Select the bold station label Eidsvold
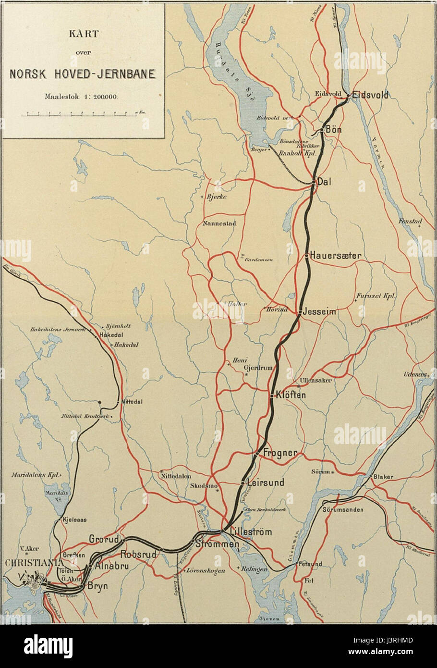pos(369,95)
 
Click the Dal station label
pos(325,183)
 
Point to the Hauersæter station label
pos(335,256)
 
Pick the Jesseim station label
pos(319,312)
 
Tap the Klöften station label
pos(291,395)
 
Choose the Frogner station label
pos(281,453)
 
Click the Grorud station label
pos(103,539)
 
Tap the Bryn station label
pos(97,586)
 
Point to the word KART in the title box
pos(82,34)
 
